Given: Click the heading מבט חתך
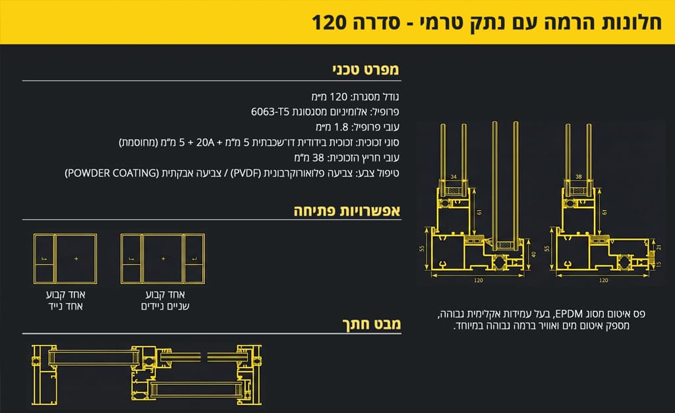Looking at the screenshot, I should point(372,324).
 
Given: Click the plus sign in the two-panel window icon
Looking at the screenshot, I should point(76,259).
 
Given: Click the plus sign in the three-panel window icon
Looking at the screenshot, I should point(163,259).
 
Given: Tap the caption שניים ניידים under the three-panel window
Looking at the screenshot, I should point(163,306).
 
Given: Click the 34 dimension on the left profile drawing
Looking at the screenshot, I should point(454,177).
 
